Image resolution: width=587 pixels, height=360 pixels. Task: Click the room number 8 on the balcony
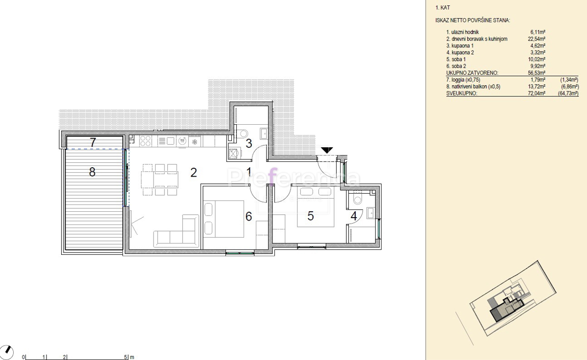[x=92, y=172]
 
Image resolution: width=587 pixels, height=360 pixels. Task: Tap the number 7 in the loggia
[x=93, y=142]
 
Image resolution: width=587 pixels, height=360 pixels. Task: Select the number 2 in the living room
[x=194, y=172]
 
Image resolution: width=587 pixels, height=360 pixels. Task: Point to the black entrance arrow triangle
[x=327, y=150]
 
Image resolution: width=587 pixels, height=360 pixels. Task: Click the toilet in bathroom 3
[x=243, y=134]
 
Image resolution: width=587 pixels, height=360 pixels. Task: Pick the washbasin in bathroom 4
[x=371, y=213]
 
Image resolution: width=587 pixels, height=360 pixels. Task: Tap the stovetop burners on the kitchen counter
[x=145, y=141]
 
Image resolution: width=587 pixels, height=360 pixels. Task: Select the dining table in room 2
[x=159, y=179]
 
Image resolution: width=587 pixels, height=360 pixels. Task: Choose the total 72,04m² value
[x=537, y=93]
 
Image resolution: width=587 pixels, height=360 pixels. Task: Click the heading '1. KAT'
[x=443, y=8]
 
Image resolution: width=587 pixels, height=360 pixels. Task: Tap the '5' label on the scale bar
[x=125, y=357]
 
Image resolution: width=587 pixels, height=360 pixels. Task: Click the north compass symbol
[x=6, y=352]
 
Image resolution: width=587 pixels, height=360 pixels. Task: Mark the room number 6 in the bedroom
[x=248, y=216]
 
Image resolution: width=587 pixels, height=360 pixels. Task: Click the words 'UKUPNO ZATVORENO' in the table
[x=472, y=73]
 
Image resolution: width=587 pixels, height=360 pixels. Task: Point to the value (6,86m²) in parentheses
[x=570, y=87]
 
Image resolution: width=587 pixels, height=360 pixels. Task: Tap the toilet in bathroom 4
[x=358, y=199]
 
